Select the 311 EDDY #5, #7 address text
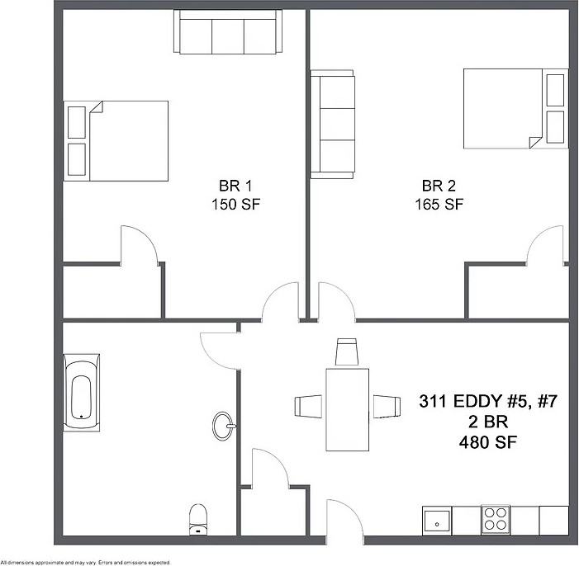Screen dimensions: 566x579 coord(490,403)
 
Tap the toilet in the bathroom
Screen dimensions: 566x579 coord(198,516)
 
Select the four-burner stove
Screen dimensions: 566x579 coord(496,520)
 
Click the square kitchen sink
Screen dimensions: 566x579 coord(437,521)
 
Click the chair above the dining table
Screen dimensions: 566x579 coord(347,351)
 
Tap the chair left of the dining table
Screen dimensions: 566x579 coord(308,407)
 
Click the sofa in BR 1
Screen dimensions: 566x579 coord(229,33)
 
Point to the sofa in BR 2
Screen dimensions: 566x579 coord(331,124)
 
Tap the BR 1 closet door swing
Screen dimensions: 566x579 coord(139,244)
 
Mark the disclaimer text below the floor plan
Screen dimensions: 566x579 coord(86,562)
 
